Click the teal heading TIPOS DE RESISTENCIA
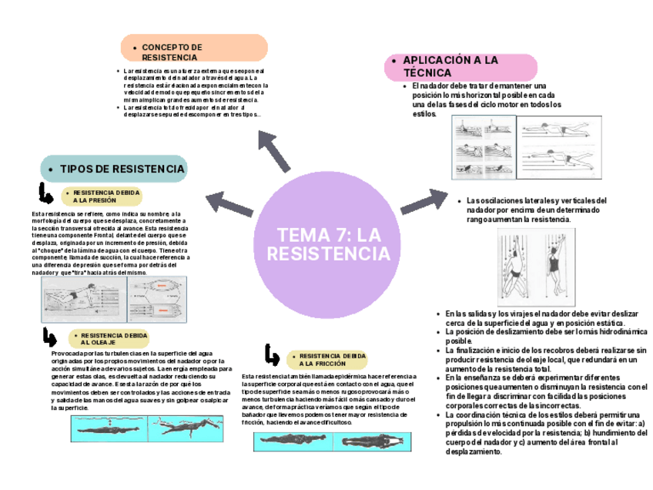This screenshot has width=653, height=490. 113,168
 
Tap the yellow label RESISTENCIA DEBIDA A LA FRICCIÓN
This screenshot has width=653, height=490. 326,359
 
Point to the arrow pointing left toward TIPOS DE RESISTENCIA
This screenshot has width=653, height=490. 229,201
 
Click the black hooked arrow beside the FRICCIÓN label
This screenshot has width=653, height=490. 272,355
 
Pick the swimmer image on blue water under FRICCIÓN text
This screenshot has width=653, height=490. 331,441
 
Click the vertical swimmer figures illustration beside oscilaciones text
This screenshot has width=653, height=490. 531,264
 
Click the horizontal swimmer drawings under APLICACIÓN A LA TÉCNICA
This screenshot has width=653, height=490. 521,149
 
